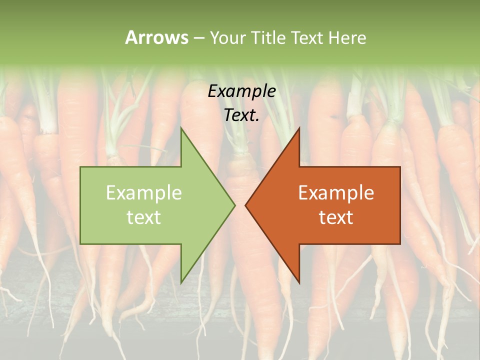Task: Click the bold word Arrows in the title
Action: click(x=156, y=37)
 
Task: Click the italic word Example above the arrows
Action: click(x=241, y=91)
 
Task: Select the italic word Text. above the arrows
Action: click(x=241, y=115)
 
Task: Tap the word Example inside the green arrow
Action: click(x=144, y=193)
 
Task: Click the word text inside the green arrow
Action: click(x=144, y=217)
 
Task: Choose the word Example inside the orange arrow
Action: click(x=336, y=193)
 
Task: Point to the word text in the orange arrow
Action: click(x=336, y=217)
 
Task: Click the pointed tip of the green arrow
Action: click(x=234, y=205)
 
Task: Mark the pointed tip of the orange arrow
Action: click(x=245, y=205)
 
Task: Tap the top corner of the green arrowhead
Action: click(x=181, y=128)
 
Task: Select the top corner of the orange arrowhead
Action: click(x=299, y=128)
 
